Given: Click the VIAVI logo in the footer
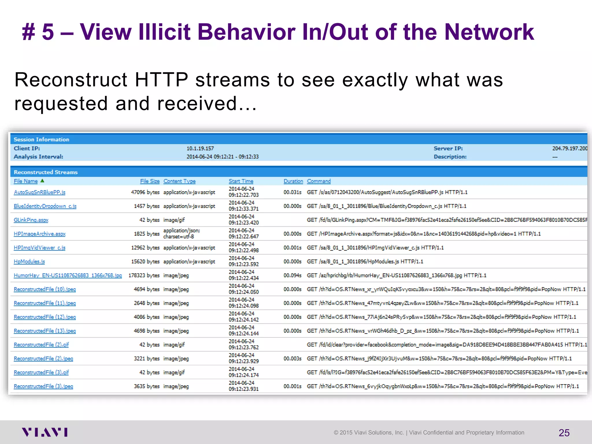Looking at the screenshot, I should click(45, 432).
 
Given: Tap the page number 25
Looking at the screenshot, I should click(564, 433).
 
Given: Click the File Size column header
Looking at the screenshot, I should click(150, 181).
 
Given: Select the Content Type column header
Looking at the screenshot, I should click(179, 181).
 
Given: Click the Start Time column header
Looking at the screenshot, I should click(241, 181).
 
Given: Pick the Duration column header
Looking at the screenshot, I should click(293, 181).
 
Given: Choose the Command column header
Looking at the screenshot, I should click(319, 181).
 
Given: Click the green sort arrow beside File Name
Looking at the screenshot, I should click(42, 181).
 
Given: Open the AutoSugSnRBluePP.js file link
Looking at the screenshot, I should click(40, 192).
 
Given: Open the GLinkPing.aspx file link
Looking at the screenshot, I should click(31, 220).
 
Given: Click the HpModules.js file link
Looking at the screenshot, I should click(29, 262).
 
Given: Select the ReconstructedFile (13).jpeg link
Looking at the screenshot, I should click(45, 331).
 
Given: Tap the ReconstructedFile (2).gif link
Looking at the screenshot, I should click(41, 345).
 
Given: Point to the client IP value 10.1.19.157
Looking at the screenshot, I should click(200, 149).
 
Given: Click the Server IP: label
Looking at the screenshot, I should click(448, 149).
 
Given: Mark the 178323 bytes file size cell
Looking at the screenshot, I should click(144, 275).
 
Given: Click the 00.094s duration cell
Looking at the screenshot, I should click(292, 275).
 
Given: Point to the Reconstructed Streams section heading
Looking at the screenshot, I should click(46, 172).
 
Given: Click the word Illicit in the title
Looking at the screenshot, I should click(164, 32).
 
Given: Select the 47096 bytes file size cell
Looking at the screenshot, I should click(145, 192).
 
